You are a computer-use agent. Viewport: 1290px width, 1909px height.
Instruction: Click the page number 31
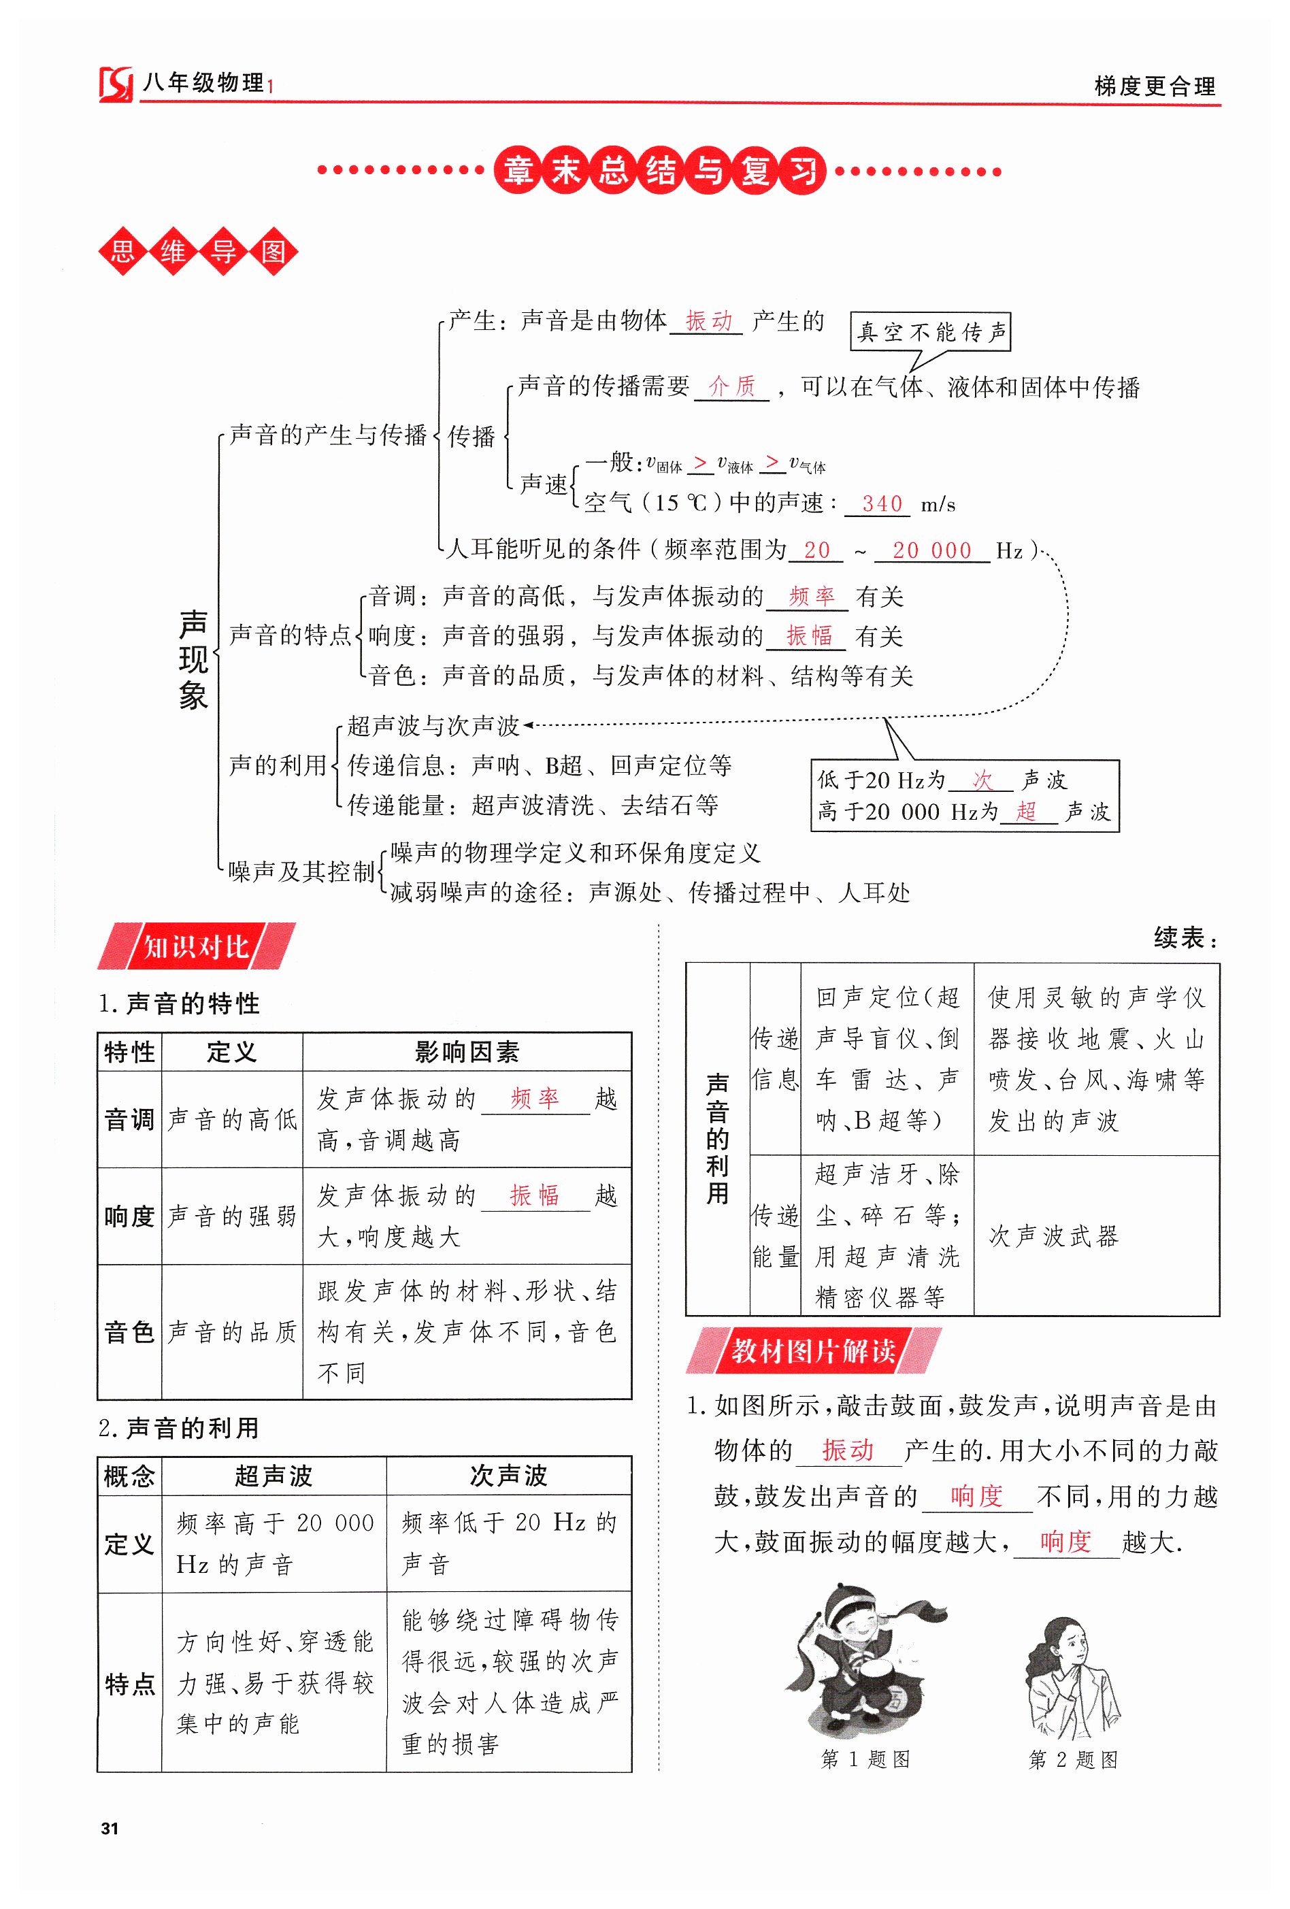[x=110, y=1829]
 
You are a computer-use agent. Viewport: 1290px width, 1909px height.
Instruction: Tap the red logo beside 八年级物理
[x=116, y=84]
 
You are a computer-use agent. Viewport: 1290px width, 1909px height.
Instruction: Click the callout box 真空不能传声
[x=930, y=332]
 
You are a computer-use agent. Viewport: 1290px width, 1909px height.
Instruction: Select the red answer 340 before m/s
[x=882, y=503]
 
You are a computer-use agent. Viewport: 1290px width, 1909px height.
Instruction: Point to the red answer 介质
[x=731, y=386]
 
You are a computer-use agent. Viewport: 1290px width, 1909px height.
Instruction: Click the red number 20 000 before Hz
[x=931, y=550]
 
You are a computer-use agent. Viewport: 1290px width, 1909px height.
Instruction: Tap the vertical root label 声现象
[x=194, y=660]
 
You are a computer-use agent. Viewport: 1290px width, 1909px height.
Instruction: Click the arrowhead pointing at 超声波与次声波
[x=529, y=725]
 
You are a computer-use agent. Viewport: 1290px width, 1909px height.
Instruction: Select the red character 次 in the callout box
[x=982, y=779]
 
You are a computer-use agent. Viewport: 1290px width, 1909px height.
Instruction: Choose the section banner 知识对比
[x=195, y=947]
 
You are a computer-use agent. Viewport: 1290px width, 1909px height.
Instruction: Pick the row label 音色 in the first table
[x=129, y=1331]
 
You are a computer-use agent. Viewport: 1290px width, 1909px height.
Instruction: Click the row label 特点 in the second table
[x=129, y=1683]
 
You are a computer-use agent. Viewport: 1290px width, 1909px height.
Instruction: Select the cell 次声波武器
[x=1053, y=1235]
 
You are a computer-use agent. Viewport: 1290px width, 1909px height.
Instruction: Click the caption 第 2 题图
[x=1072, y=1759]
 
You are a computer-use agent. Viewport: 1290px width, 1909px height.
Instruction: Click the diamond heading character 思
[x=123, y=250]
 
